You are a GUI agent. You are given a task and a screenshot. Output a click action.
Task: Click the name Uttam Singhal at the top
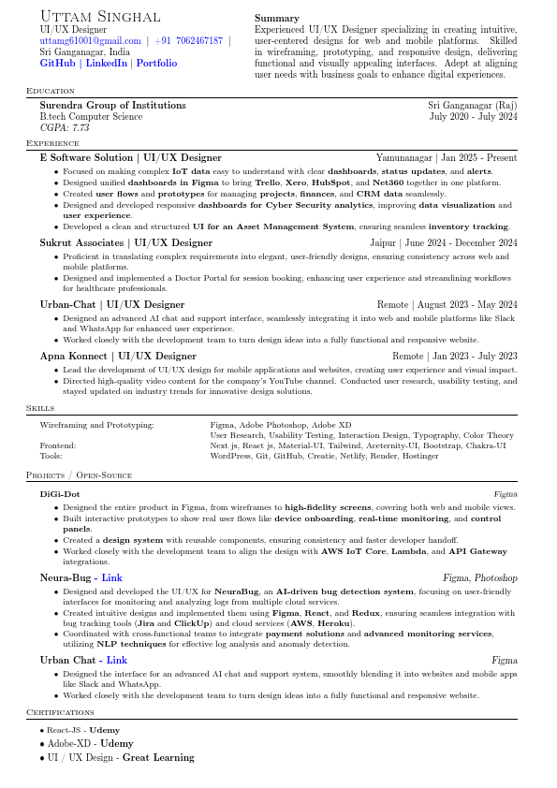(x=99, y=17)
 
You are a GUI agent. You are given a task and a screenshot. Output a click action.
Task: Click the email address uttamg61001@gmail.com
(x=90, y=41)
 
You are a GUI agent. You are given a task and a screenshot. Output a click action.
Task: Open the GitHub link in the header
(x=57, y=64)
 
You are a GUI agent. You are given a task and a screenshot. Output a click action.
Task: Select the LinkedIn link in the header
(x=107, y=64)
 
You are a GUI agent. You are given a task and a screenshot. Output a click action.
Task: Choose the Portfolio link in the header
(x=156, y=64)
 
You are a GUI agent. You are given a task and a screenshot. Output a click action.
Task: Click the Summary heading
(x=277, y=18)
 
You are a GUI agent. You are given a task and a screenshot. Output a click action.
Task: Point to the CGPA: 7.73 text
(x=65, y=127)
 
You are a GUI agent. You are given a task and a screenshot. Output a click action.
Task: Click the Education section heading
(x=51, y=91)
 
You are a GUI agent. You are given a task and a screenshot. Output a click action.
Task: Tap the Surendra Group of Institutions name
(x=112, y=106)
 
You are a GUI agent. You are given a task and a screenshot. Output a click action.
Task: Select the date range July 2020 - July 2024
(x=473, y=117)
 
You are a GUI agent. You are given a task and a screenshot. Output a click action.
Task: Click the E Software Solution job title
(x=130, y=158)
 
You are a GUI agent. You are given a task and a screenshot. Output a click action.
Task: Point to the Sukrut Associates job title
(x=125, y=242)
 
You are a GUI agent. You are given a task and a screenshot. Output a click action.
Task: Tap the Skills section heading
(x=39, y=409)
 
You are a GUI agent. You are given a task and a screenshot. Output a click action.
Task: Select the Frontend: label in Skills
(x=58, y=445)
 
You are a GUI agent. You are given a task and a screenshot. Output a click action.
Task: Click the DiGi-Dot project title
(x=60, y=493)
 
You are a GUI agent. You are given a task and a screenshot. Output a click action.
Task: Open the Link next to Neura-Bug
(x=112, y=578)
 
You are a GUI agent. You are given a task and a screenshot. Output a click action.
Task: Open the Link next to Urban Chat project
(x=117, y=661)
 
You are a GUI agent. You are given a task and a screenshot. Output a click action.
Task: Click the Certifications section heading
(x=60, y=712)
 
